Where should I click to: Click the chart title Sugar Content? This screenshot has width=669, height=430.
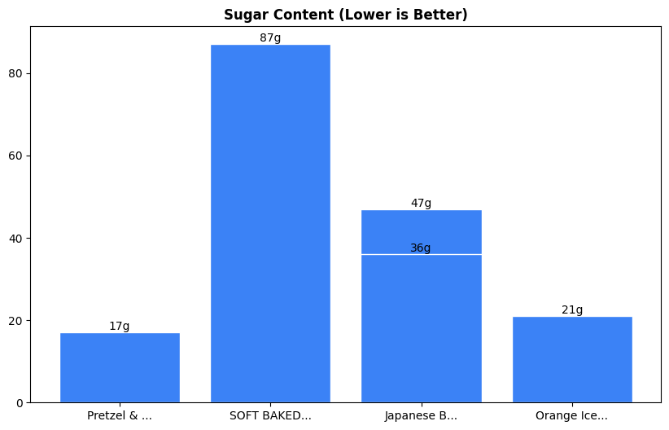pyautogui.click(x=345, y=15)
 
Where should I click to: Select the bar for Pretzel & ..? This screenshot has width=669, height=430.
pyautogui.click(x=120, y=367)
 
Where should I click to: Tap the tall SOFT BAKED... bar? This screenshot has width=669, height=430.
pyautogui.click(x=270, y=224)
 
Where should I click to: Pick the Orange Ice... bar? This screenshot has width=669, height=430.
pyautogui.click(x=572, y=359)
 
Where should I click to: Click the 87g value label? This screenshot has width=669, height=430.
pyautogui.click(x=270, y=38)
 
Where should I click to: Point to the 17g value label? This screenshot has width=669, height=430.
pyautogui.click(x=120, y=327)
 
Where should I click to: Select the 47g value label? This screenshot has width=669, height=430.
pyautogui.click(x=421, y=204)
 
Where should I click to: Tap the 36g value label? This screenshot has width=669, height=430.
pyautogui.click(x=421, y=248)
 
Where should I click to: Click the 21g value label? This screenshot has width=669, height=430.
pyautogui.click(x=572, y=310)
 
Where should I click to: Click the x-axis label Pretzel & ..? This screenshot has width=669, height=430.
pyautogui.click(x=120, y=416)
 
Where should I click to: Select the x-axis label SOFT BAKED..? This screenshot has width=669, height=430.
pyautogui.click(x=270, y=416)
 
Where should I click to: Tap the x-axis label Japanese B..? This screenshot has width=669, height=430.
pyautogui.click(x=421, y=416)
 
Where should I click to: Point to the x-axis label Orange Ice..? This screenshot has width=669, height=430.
pyautogui.click(x=572, y=416)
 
